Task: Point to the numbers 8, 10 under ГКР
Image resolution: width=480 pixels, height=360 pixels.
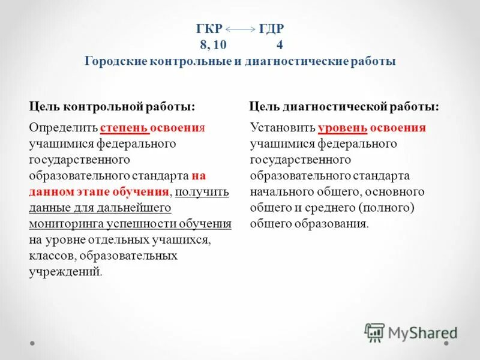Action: [x=214, y=45]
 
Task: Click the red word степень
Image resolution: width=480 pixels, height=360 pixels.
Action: [x=122, y=128]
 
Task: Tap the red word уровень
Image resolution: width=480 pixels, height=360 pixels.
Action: [x=342, y=128]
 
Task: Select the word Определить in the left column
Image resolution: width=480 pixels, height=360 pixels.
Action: [x=64, y=128]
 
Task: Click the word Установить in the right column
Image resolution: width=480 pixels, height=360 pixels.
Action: [x=282, y=128]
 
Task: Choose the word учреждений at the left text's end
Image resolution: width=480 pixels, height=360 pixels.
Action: [x=64, y=272]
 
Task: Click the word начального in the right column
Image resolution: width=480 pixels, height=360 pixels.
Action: [x=278, y=192]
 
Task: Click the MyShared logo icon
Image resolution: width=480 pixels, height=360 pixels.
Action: [x=374, y=332]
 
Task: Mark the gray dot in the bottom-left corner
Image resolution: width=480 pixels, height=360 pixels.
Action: [x=32, y=344]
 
